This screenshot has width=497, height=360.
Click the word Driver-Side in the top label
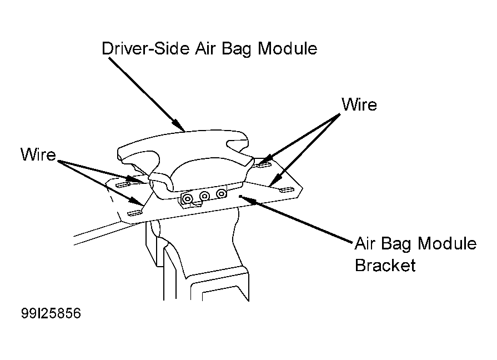pos(145,48)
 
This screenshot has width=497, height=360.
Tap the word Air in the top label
pos(205,48)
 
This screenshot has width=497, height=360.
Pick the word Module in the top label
pos(287,48)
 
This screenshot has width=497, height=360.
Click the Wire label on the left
pos(38,154)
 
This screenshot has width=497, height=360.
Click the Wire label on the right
pos(359,104)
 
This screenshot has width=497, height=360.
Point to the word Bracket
pos(385,265)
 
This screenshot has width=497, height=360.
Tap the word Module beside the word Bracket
pos(447,243)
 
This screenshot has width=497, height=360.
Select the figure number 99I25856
pos(51,313)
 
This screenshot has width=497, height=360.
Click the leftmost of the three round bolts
pos(188,199)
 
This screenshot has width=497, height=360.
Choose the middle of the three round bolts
pos(204,196)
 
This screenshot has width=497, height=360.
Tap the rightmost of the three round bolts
pos(221,193)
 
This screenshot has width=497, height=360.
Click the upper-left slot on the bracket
pos(122,184)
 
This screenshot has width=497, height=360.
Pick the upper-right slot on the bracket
pos(264,164)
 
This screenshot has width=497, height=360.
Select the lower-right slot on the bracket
pos(287,189)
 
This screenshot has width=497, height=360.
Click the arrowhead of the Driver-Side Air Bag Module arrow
pos(180,126)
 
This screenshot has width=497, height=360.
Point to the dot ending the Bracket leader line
pos(240,196)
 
